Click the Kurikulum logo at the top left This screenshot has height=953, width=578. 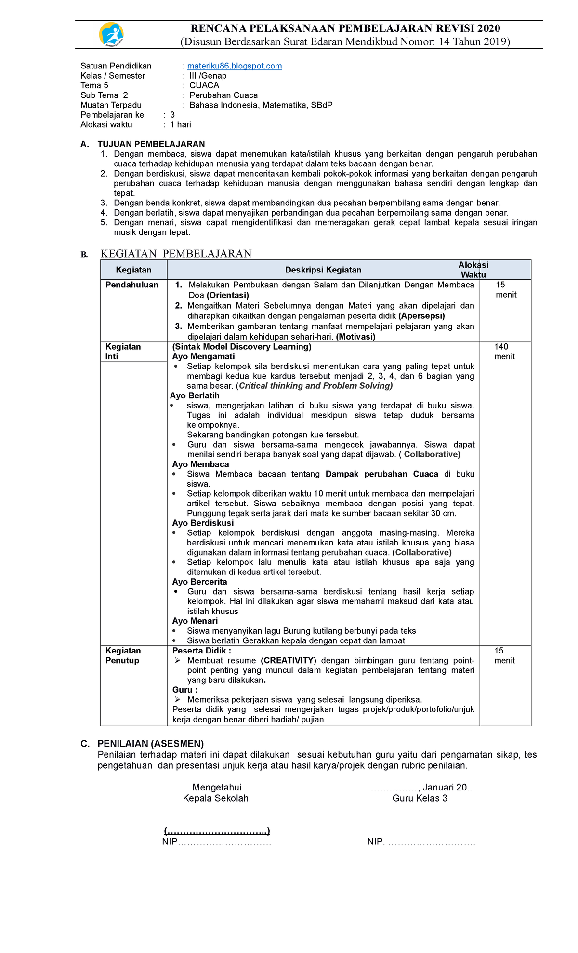(x=111, y=35)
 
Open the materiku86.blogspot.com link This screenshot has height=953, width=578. (x=234, y=66)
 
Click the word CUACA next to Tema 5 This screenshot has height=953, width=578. (x=204, y=85)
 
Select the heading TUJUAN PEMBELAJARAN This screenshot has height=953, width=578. (x=151, y=144)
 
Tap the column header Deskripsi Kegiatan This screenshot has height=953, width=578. (x=323, y=270)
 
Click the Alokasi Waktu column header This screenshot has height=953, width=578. (x=473, y=270)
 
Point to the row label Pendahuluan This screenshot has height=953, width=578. (x=131, y=285)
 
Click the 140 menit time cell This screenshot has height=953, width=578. (x=504, y=352)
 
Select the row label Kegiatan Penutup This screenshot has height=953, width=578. (x=123, y=655)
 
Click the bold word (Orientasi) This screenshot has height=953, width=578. (x=227, y=295)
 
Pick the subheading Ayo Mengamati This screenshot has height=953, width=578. (x=203, y=356)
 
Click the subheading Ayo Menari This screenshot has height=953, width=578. (x=195, y=621)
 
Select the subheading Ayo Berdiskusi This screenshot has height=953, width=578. (x=203, y=523)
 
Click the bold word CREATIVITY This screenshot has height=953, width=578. (x=289, y=660)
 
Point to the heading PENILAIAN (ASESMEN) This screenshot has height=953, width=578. (x=150, y=744)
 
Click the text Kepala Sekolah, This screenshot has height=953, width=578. (x=217, y=798)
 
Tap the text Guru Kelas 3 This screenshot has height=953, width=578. (x=420, y=798)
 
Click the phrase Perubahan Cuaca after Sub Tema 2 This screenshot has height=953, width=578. (x=223, y=95)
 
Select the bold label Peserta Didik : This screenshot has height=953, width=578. (x=201, y=651)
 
